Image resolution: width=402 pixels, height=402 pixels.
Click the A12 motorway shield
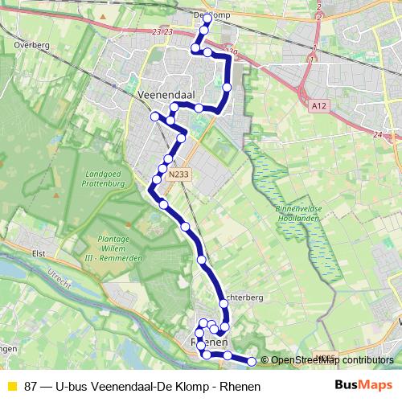point(318,104)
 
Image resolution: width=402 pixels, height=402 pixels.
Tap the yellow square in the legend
point(12,387)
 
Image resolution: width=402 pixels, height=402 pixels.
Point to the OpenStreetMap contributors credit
point(331,360)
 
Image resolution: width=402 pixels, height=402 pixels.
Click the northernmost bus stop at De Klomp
point(208,17)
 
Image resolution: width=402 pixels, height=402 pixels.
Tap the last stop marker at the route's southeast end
point(252,362)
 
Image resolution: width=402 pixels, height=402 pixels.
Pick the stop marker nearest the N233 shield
point(168,159)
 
